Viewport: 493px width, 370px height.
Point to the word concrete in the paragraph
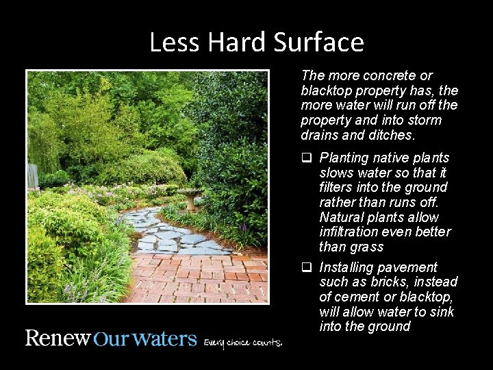click(x=388, y=75)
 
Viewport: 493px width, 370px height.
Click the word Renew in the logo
click(x=58, y=339)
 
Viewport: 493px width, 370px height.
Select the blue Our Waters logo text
click(x=144, y=340)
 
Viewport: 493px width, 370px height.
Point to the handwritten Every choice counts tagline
click(x=242, y=342)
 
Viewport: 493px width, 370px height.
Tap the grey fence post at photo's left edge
click(x=32, y=176)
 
